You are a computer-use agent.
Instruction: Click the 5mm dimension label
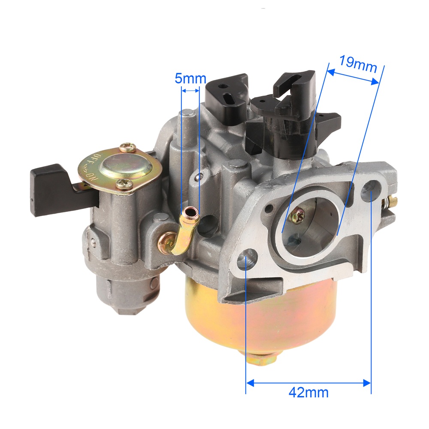(x=190, y=79)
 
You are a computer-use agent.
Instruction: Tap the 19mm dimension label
(x=358, y=64)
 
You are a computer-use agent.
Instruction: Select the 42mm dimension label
(x=308, y=393)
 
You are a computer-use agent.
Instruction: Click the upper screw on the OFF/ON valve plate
(x=127, y=148)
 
